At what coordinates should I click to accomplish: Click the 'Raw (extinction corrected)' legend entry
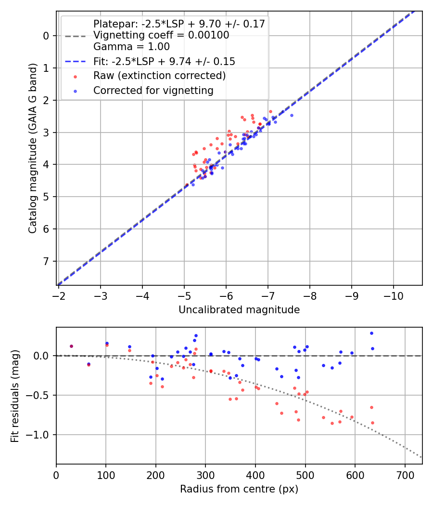pyautogui.click(x=159, y=76)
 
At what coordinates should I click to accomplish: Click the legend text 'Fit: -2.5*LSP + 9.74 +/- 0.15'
pyautogui.click(x=164, y=62)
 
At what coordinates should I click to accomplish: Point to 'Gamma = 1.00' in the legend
pyautogui.click(x=131, y=47)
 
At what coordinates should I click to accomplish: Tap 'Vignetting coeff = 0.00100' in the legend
pyautogui.click(x=161, y=35)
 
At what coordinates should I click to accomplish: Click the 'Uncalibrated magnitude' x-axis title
pyautogui.click(x=239, y=310)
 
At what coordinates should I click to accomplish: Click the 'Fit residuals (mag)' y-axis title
pyautogui.click(x=15, y=396)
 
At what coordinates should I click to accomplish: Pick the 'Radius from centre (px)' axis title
pyautogui.click(x=239, y=489)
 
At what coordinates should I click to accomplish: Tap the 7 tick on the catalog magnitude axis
pyautogui.click(x=46, y=261)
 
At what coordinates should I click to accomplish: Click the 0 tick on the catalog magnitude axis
pyautogui.click(x=46, y=36)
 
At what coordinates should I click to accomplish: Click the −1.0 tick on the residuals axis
pyautogui.click(x=40, y=435)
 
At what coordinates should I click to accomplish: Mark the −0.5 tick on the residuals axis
pyautogui.click(x=40, y=395)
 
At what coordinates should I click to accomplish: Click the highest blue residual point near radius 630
pyautogui.click(x=371, y=333)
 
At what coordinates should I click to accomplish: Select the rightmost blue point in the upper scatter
pyautogui.click(x=292, y=115)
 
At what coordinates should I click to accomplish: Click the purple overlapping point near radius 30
pyautogui.click(x=71, y=346)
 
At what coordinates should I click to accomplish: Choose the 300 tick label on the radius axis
pyautogui.click(x=205, y=475)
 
